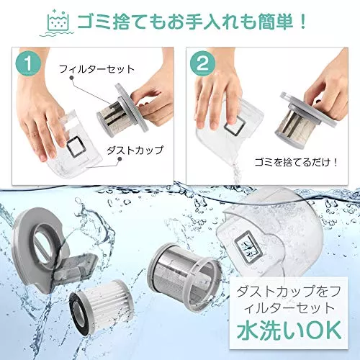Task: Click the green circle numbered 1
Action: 29,64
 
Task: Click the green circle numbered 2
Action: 202,64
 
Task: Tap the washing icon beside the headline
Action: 57,23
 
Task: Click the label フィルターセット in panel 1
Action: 96,69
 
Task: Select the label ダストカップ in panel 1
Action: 135,150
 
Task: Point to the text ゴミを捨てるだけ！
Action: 296,163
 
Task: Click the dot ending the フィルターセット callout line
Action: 71,78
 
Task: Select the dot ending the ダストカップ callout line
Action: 120,159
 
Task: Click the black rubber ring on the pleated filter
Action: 78,312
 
